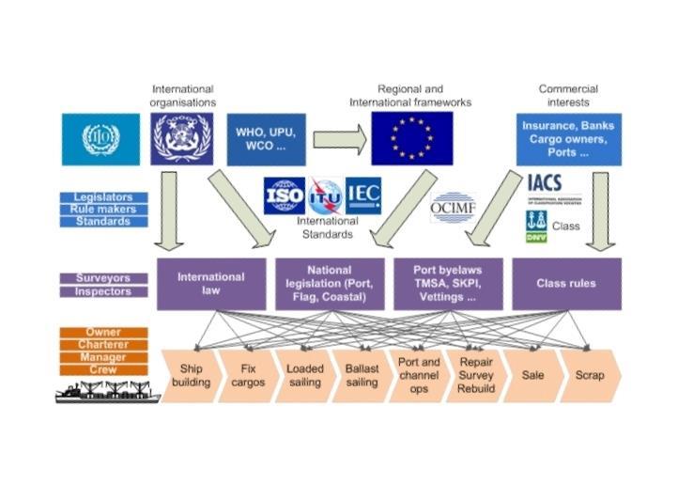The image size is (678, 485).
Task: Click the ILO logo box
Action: point(100,139)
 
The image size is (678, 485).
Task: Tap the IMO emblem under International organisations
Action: point(182,139)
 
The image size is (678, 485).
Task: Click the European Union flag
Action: point(411,139)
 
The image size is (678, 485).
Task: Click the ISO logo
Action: point(284,196)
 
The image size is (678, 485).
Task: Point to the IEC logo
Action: point(363,195)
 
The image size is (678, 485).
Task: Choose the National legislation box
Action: point(330,284)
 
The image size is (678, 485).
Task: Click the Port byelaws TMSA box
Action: point(448,284)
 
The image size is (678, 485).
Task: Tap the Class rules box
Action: point(566,284)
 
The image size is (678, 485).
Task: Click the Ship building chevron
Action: point(191,376)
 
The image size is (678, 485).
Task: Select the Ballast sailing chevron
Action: point(362,376)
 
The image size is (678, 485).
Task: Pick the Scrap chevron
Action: point(589,376)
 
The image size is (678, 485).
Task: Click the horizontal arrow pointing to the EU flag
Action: point(339,139)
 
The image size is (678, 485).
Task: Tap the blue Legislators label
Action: point(103,197)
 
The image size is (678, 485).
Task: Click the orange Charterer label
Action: point(103,345)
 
